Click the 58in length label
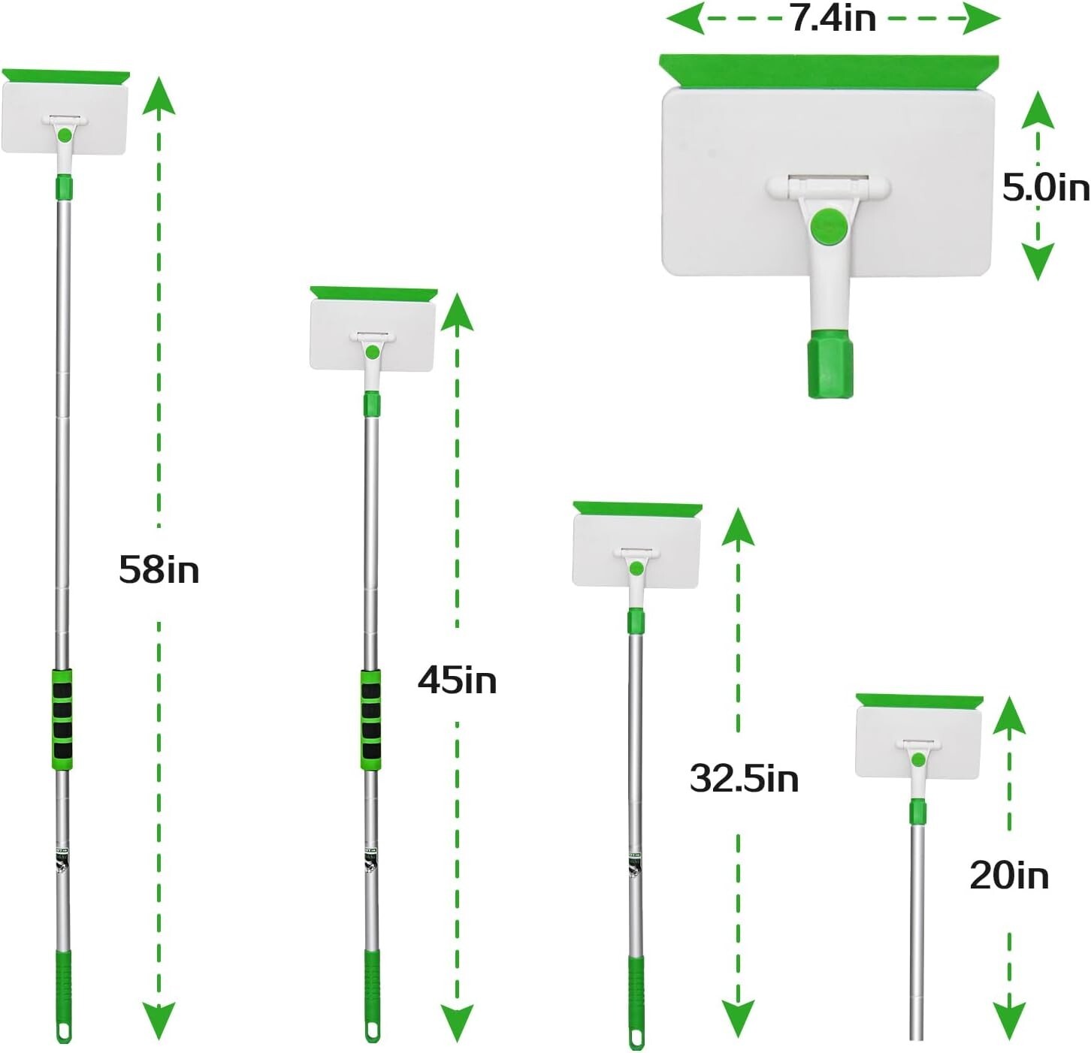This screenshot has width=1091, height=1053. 159,569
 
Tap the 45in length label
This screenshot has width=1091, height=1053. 457,680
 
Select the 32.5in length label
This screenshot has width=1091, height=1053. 744,778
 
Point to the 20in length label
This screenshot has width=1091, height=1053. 1008,876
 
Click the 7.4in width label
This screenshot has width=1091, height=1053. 833,18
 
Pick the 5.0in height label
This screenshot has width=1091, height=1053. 1045,186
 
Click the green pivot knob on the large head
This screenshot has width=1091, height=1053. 829,225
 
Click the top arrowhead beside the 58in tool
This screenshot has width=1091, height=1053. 159,93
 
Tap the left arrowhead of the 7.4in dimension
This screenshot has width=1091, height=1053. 685,18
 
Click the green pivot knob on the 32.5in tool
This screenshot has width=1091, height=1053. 636,569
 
